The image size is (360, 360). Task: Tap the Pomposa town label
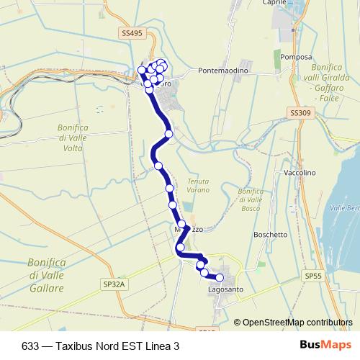coord(297,56)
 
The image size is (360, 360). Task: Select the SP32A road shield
coord(113,284)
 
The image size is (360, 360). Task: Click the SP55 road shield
coord(313,275)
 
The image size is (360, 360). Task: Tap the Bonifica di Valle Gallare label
coord(46,275)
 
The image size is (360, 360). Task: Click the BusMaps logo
coord(330,345)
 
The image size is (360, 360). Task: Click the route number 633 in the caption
coord(31,346)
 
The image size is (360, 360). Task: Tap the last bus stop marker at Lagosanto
coord(220,278)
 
